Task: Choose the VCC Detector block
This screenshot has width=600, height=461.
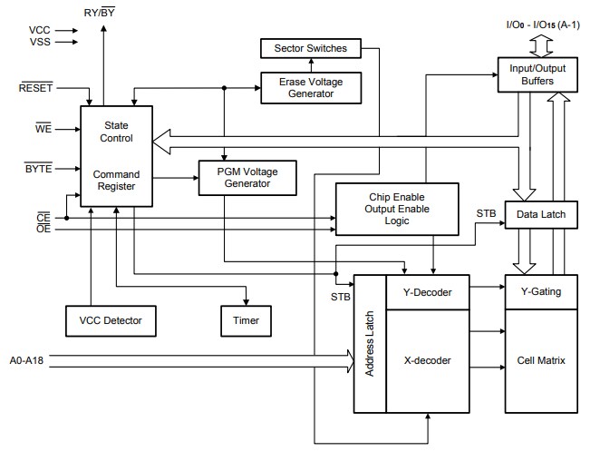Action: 104,319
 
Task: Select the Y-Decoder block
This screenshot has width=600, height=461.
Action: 420,292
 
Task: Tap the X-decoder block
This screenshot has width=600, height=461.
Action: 420,360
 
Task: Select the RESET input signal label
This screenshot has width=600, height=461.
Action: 35,88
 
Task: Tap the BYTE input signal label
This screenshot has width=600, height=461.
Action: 39,170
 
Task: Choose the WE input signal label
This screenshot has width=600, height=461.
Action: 44,129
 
